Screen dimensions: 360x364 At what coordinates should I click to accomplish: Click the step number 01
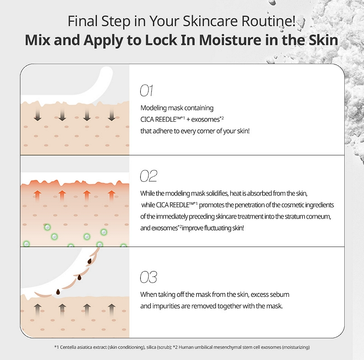point(146,91)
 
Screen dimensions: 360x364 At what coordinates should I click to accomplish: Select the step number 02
point(148,176)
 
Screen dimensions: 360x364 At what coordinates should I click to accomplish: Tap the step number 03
point(148,277)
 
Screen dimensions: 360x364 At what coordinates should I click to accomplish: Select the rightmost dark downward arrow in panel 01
point(111,115)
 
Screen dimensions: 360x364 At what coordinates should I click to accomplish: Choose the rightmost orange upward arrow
point(111,197)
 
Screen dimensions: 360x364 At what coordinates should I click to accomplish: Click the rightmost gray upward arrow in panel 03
point(111,310)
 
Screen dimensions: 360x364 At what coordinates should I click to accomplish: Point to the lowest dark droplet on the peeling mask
point(58,292)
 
